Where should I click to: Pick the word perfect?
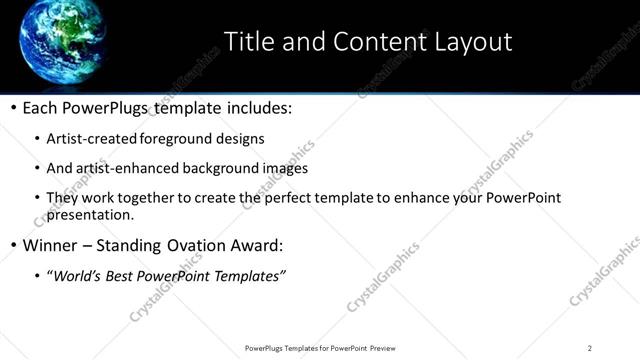[x=296, y=198]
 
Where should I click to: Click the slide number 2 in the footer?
[x=590, y=348]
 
